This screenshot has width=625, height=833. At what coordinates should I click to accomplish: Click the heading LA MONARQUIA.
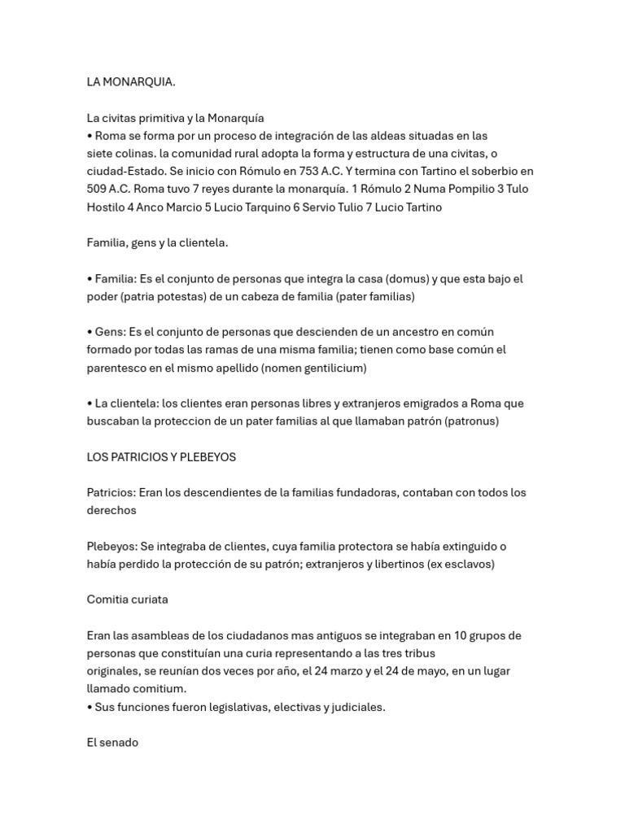(x=131, y=82)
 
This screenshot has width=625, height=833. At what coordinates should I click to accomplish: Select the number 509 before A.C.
(x=98, y=190)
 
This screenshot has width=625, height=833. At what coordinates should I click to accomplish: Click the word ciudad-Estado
(x=125, y=172)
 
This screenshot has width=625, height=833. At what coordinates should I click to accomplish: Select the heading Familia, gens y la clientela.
(x=158, y=243)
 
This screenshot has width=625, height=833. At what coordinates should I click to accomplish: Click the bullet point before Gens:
(x=90, y=332)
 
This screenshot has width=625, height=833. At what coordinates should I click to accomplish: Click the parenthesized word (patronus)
(x=472, y=421)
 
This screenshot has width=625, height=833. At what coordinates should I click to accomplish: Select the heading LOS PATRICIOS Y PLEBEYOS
(x=161, y=457)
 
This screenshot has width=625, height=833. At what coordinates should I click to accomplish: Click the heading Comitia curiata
(x=127, y=600)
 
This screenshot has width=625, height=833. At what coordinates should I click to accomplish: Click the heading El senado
(x=112, y=743)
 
